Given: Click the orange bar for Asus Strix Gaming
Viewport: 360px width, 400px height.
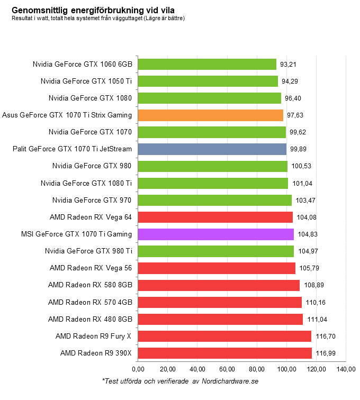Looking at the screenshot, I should point(210,115).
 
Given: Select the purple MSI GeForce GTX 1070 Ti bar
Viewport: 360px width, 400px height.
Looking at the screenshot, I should point(215,234).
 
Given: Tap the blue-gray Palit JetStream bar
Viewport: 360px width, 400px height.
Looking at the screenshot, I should point(212,149).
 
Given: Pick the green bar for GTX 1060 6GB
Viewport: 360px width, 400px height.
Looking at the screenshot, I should point(207,64).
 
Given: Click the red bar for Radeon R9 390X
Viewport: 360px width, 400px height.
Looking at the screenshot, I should point(224,353).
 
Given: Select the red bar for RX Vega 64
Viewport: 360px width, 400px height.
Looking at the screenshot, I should point(215,217).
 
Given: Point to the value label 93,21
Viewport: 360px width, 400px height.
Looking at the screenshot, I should point(288,65).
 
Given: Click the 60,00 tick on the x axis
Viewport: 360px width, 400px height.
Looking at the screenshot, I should point(227,368).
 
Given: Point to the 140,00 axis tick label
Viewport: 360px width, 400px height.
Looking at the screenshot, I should point(346,368).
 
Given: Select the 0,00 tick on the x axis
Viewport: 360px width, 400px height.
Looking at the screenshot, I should point(138,368).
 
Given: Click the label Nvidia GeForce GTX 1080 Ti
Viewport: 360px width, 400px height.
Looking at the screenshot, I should point(86,183).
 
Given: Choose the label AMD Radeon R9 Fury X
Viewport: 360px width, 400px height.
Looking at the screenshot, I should point(94,336).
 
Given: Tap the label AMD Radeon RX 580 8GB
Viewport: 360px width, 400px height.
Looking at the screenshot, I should point(90,285).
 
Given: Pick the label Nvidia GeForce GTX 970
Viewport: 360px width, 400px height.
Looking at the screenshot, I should point(92,200).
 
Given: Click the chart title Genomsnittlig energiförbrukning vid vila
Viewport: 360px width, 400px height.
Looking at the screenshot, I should point(93,10).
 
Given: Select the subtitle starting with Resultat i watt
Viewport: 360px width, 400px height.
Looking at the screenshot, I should point(98,19).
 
